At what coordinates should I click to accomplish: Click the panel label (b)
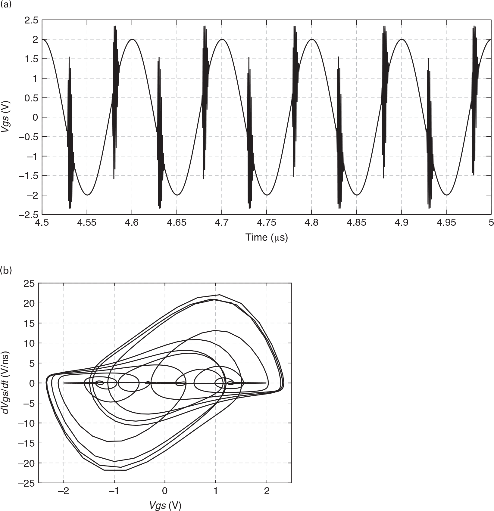(x=6, y=270)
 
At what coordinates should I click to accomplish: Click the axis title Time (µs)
(x=267, y=237)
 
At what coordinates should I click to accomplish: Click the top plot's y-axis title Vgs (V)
(x=6, y=117)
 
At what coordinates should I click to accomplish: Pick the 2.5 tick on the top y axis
(x=31, y=20)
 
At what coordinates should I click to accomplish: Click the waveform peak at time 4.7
(x=222, y=39)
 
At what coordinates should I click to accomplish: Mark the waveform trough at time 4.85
(x=357, y=195)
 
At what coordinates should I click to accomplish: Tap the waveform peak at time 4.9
(x=402, y=39)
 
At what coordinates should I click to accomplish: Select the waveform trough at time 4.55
(x=87, y=195)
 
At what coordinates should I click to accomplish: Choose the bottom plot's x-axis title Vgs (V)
(x=165, y=506)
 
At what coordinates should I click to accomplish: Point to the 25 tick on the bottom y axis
(x=31, y=283)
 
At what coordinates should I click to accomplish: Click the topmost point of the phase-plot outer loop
(x=220, y=295)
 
